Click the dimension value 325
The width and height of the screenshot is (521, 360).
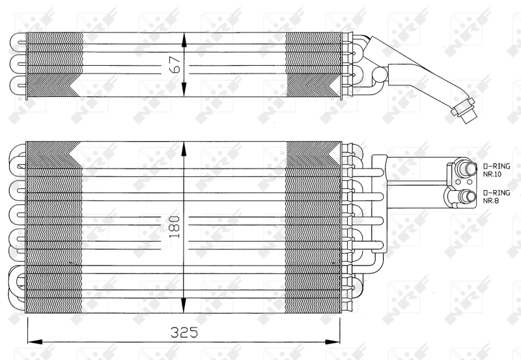[x=184, y=332]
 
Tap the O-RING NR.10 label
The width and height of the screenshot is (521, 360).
[x=496, y=170]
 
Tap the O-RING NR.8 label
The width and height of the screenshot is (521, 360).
[x=496, y=196]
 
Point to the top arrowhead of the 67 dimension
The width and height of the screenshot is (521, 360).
[x=184, y=38]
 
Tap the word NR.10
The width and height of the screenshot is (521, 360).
[x=493, y=174]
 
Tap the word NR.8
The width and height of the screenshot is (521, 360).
[x=491, y=201]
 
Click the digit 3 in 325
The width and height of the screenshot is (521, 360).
[x=174, y=332]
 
